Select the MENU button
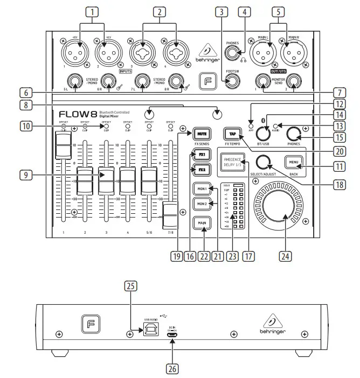pos(295,163)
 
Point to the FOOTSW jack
pos(233,81)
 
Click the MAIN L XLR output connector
pos(265,53)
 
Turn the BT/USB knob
pos(264,132)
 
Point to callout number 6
pos(11,92)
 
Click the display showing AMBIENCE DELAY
pos(231,163)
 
